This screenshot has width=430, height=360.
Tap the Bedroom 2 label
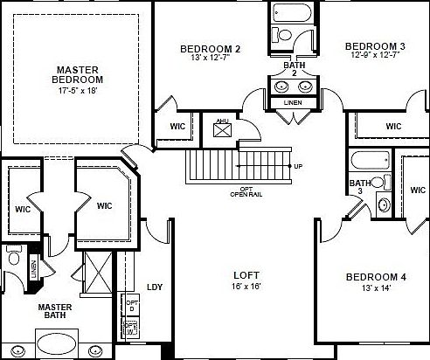[210, 49]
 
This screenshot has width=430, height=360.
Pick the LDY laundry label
[156, 286]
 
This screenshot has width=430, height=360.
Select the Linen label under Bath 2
[289, 103]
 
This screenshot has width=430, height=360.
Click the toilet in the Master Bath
[13, 260]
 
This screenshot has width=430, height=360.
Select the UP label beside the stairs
[299, 166]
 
